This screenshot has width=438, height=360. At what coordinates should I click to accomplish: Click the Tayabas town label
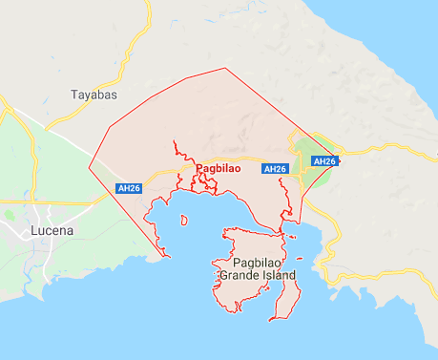pos(94,95)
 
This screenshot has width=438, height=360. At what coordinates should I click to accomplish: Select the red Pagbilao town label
pos(218,169)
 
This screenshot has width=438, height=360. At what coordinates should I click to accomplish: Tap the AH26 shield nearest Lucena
pos(129,188)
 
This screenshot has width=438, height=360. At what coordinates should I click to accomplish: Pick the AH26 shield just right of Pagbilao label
pos(275,169)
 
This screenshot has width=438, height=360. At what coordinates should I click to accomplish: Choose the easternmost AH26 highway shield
pos(324,160)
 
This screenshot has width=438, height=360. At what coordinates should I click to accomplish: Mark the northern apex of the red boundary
pos(225,69)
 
